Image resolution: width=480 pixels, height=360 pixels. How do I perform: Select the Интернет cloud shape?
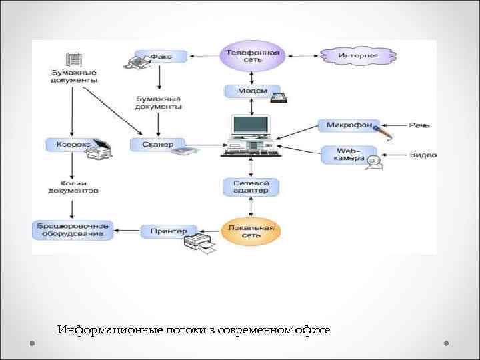pos(358,55)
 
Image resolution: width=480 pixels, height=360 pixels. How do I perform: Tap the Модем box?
pos(251,91)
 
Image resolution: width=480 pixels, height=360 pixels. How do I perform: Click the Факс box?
pos(160,57)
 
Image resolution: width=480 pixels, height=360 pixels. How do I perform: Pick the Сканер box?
pos(157,144)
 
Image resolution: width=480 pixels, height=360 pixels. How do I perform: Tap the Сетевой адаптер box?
pos(251,187)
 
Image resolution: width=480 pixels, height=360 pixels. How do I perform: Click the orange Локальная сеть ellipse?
pos(251,231)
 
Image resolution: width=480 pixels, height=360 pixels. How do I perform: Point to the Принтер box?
pos(168,231)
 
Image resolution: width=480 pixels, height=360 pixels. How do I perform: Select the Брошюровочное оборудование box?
pos(73,230)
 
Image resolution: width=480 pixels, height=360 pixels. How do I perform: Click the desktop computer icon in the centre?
pos(251,136)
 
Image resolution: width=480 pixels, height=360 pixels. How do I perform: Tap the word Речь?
pos(419,125)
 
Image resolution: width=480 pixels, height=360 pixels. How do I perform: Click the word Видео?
pos(423,155)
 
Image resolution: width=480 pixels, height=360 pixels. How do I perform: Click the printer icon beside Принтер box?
pos(199,244)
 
